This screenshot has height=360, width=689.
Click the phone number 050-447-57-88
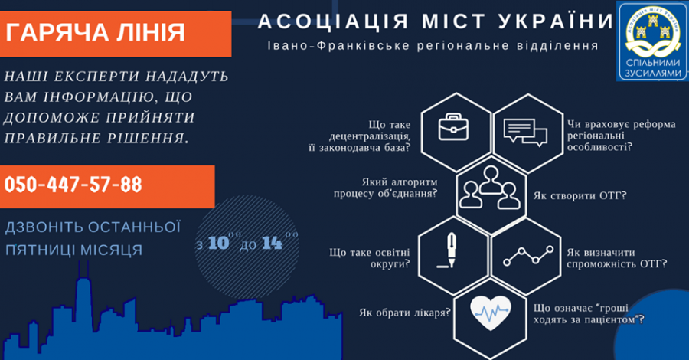click(x=73, y=185)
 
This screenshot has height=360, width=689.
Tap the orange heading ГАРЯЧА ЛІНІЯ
click(x=95, y=32)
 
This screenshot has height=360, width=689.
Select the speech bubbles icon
click(x=524, y=131)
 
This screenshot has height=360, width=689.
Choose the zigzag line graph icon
click(x=527, y=256)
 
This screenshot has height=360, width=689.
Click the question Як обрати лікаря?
click(x=403, y=313)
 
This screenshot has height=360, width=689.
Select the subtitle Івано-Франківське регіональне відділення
click(x=433, y=45)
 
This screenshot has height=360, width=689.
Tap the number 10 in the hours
click(x=219, y=244)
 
